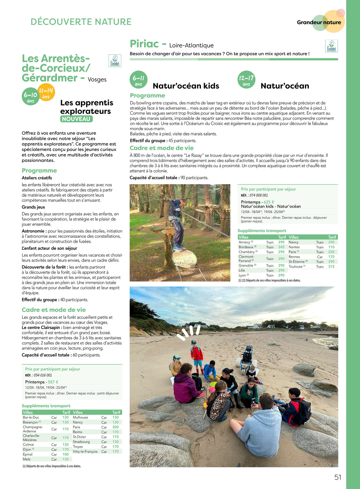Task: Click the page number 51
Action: pyautogui.click(x=338, y=477)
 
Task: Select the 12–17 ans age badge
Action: pyautogui.click(x=246, y=80)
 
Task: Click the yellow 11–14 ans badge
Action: pyautogui.click(x=46, y=92)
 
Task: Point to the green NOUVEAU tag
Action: pyautogui.click(x=76, y=119)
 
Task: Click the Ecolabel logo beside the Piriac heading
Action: pyautogui.click(x=331, y=46)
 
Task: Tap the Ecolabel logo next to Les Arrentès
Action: pyautogui.click(x=115, y=61)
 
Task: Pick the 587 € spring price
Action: pyautogui.click(x=53, y=382)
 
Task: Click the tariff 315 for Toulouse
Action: pyautogui.click(x=331, y=267)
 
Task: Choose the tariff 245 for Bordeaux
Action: pyautogui.click(x=281, y=247)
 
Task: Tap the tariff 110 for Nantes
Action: pyautogui.click(x=331, y=247)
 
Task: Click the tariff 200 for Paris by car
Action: pyautogui.click(x=116, y=427)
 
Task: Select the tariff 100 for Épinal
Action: pyautogui.click(x=66, y=454)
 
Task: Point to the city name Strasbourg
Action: pyautogui.click(x=81, y=442)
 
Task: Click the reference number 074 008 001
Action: pyautogui.click(x=258, y=195)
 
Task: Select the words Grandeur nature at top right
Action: pyautogui.click(x=319, y=22)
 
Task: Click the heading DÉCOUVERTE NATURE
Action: pyautogui.click(x=81, y=22)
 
